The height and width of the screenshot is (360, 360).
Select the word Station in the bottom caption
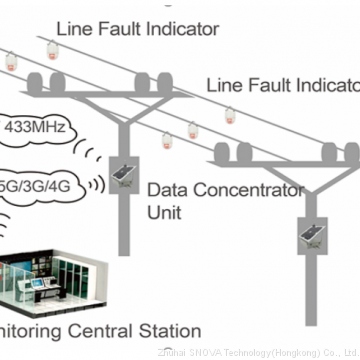pos(167,329)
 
